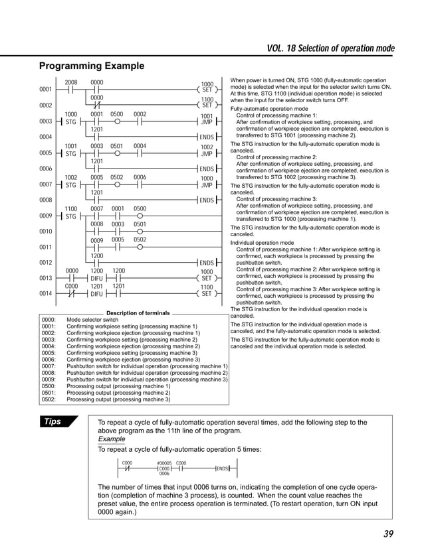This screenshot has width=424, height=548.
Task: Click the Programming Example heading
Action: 91,66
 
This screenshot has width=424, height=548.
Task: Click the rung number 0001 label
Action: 47,89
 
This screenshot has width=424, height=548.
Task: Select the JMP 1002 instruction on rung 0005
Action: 207,152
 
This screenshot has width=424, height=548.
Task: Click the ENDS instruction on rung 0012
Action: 207,263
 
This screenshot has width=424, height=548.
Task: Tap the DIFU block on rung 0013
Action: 97,278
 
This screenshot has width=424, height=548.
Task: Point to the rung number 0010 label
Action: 47,232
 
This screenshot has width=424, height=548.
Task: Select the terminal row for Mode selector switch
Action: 93,320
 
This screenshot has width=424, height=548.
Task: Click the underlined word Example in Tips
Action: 111,439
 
